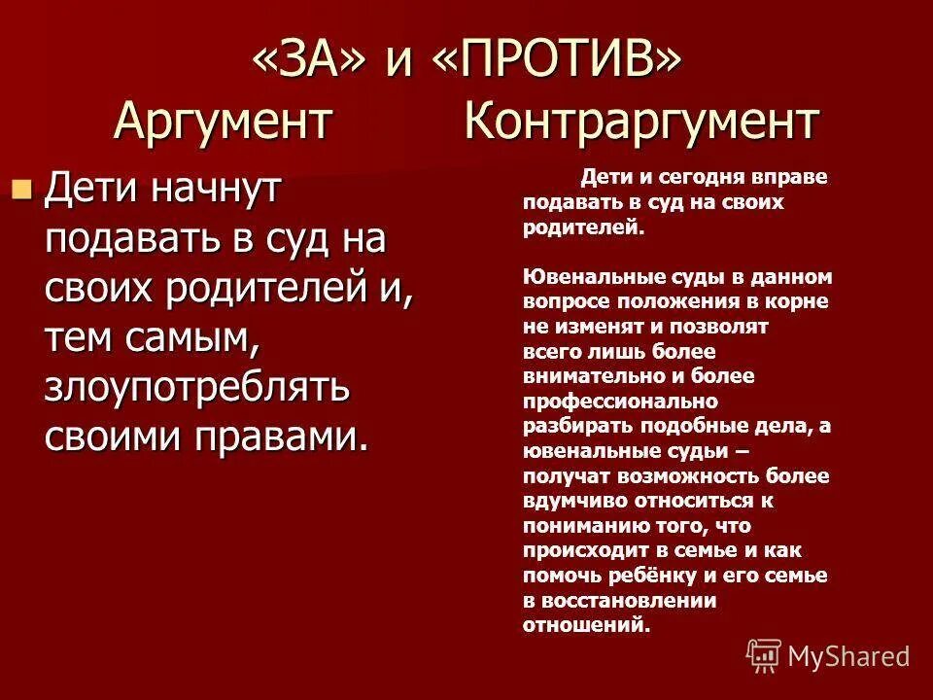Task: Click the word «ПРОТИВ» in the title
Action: pos(558,63)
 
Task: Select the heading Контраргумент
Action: pos(641,122)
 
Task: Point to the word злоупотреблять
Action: pos(197,388)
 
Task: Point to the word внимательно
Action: pos(585,376)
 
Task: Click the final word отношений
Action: pos(586,625)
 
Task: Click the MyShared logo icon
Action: pos(764,655)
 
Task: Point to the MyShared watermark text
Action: pos(848,656)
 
